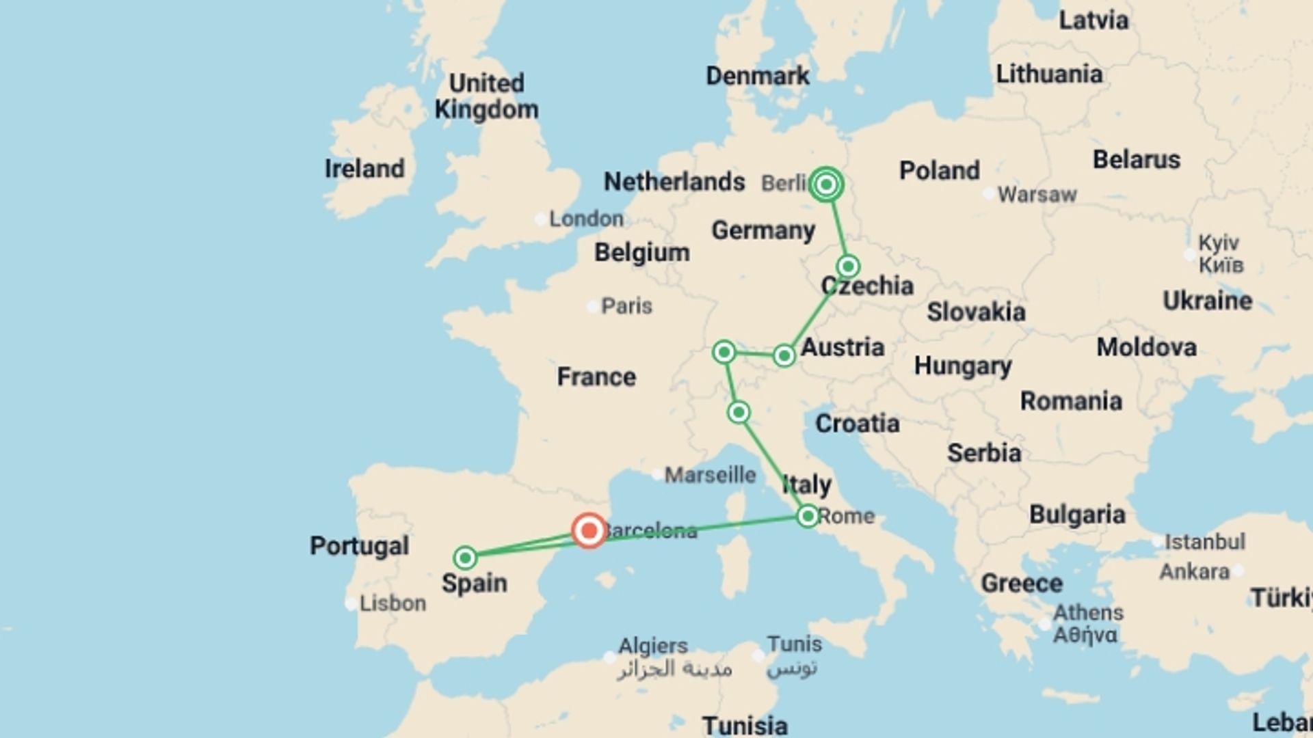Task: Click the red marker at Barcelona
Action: tap(589, 530)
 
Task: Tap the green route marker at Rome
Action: tap(808, 516)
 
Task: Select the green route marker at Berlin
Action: tap(826, 184)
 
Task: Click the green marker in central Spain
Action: tap(465, 558)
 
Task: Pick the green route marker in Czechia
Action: tap(848, 266)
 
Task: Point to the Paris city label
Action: tap(626, 306)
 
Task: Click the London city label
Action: tap(586, 219)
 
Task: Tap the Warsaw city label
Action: tap(1037, 195)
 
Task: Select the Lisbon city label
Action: tap(393, 603)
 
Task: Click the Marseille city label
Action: tap(710, 475)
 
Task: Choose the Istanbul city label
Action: tap(1204, 542)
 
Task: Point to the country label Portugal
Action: tap(359, 545)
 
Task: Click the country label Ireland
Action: tap(364, 169)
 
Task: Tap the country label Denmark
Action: tap(757, 76)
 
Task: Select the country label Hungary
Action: tap(963, 366)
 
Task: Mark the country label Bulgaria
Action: tap(1077, 515)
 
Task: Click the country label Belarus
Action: tap(1136, 160)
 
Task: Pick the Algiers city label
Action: tap(653, 646)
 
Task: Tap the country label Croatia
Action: tap(857, 424)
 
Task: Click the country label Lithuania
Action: tap(1048, 74)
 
